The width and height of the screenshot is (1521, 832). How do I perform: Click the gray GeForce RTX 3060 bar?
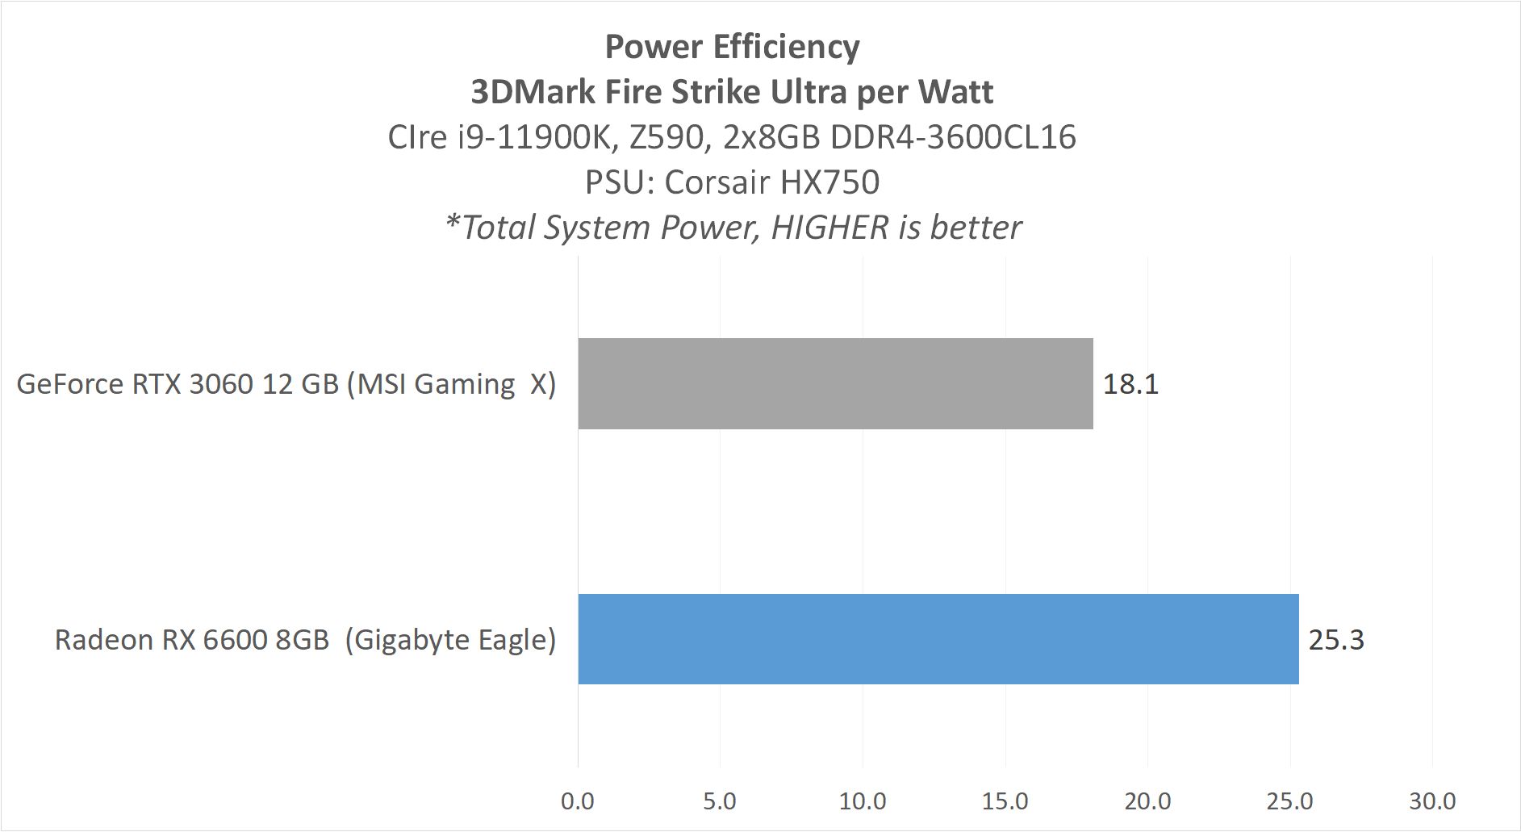point(835,383)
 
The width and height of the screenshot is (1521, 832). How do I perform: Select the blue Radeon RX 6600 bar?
point(938,639)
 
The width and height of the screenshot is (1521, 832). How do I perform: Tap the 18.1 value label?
point(1130,384)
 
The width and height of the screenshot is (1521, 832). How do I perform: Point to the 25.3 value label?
point(1335,640)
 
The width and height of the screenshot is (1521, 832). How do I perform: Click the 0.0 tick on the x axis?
point(577,801)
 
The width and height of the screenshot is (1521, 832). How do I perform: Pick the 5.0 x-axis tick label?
point(719,801)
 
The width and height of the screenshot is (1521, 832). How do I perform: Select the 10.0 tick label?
point(862,801)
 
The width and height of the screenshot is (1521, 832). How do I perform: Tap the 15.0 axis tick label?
point(1005,801)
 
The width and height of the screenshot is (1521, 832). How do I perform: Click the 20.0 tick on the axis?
point(1147,801)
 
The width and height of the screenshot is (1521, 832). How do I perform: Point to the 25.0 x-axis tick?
point(1289,801)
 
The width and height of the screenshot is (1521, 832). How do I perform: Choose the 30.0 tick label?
point(1432,801)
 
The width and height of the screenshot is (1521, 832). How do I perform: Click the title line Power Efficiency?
point(732,47)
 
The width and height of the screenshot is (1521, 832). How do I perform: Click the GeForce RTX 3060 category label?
point(286,384)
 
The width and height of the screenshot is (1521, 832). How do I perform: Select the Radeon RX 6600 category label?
point(305,640)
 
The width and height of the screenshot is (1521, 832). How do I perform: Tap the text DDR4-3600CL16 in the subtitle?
point(952,137)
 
